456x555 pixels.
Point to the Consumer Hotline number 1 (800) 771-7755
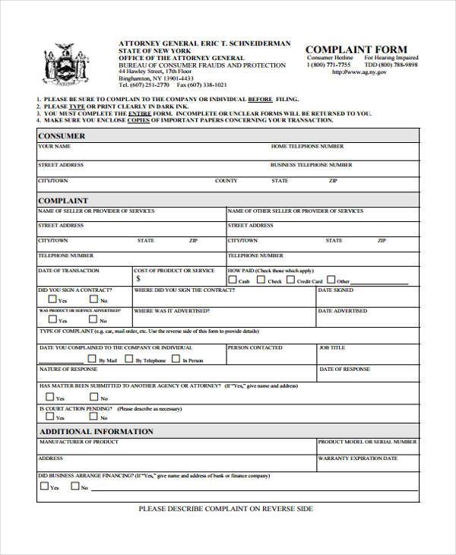pos(328,65)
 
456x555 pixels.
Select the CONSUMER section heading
pos(62,135)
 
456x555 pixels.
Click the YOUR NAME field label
pos(55,146)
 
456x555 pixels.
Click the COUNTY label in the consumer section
pos(226,181)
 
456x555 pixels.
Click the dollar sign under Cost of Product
pos(138,279)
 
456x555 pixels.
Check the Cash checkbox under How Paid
pos(232,281)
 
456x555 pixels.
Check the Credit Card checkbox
pos(290,281)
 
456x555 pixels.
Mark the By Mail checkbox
pos(90,359)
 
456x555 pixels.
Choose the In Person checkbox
pos(176,359)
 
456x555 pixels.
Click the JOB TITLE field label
pos(331,347)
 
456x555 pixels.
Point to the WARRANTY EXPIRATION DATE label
pos(357,458)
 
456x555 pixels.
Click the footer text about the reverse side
pos(226,509)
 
